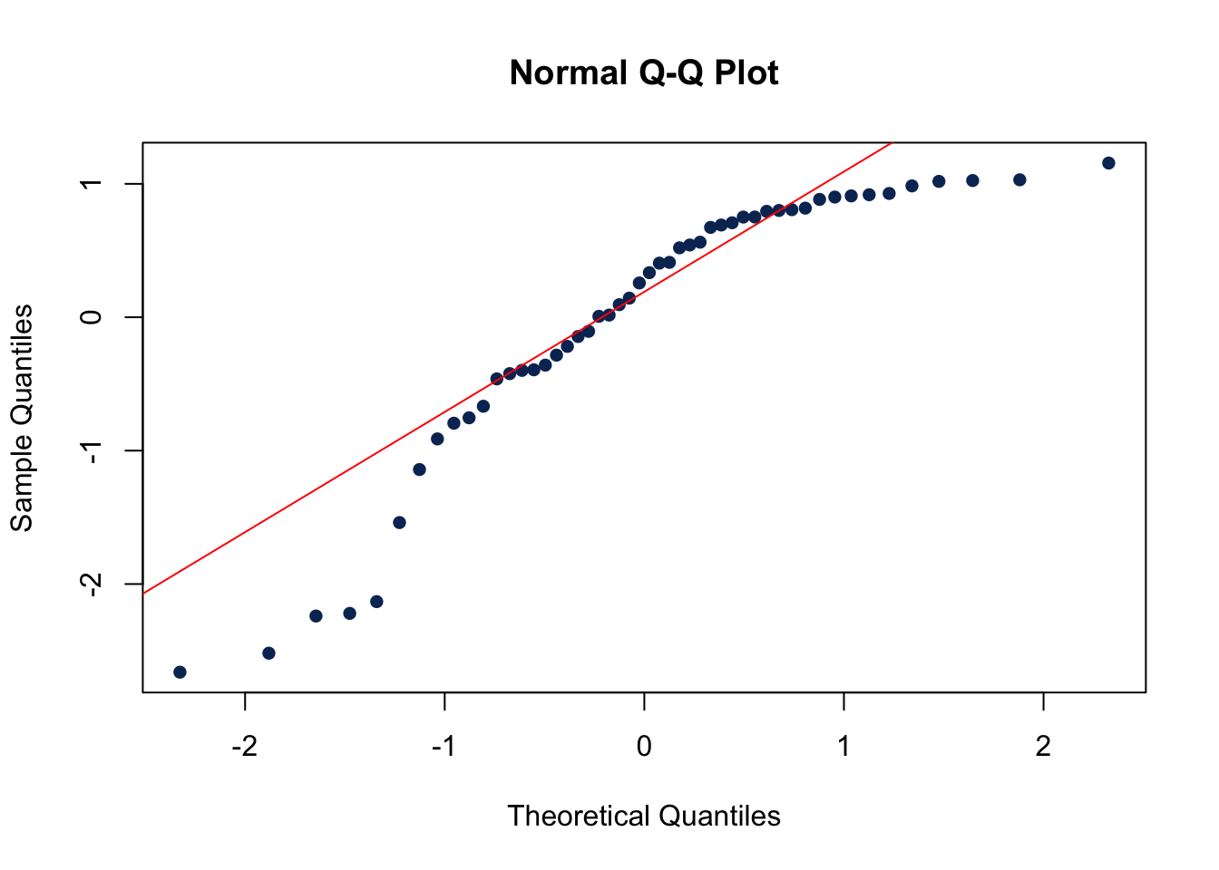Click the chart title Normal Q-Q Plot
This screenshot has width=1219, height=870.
point(643,72)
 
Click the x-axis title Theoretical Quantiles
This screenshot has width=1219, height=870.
point(643,816)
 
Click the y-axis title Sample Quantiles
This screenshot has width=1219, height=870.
point(22,418)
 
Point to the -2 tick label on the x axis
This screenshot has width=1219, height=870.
point(244,746)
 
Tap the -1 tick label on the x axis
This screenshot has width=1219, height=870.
point(444,746)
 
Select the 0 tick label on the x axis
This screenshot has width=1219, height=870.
point(644,746)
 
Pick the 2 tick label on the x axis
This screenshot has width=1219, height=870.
point(1043,746)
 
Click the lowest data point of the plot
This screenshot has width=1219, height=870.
point(180,672)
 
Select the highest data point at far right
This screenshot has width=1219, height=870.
point(1108,163)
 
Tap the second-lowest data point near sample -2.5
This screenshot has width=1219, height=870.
point(268,653)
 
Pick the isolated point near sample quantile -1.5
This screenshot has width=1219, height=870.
point(399,523)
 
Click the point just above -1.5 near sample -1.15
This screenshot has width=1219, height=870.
point(419,469)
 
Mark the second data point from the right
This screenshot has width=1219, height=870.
point(1019,179)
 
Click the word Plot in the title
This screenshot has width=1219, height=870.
point(746,72)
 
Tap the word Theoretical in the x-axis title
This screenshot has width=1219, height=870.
point(580,816)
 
